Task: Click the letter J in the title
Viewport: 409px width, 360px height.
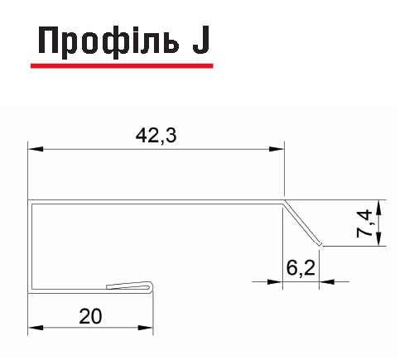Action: [x=200, y=40]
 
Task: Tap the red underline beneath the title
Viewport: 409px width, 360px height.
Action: [x=122, y=65]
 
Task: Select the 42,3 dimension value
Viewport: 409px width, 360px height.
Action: [x=156, y=136]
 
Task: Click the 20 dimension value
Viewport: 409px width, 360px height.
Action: [x=90, y=316]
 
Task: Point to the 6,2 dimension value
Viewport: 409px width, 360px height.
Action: [x=301, y=267]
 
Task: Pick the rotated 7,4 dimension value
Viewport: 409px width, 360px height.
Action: [x=364, y=223]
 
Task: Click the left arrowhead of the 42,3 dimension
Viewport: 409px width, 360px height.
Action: [x=36, y=149]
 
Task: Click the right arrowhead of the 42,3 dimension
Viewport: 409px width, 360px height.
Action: [x=277, y=149]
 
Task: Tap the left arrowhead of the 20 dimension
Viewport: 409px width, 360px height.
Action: [x=36, y=328]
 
